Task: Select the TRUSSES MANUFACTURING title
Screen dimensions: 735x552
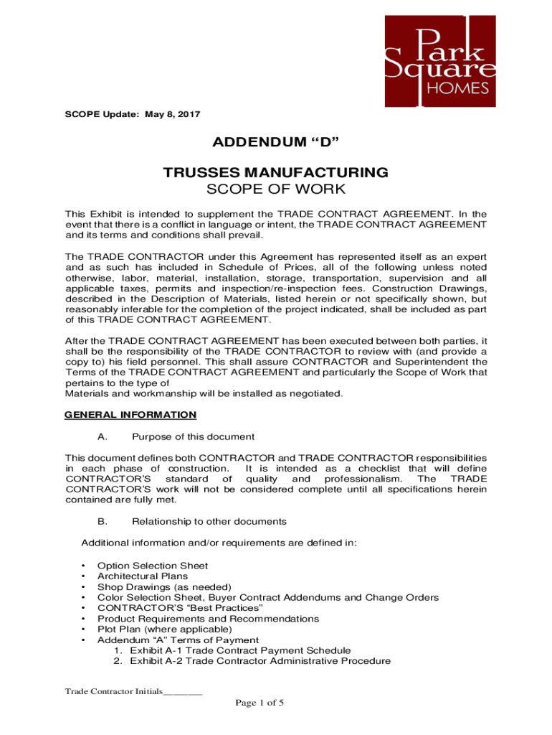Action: (275, 172)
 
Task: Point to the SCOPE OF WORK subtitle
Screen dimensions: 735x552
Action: (275, 189)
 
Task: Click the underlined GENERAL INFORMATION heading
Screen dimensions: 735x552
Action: (130, 414)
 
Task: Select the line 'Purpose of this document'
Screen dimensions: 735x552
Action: (193, 436)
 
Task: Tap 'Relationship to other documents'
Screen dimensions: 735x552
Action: (209, 521)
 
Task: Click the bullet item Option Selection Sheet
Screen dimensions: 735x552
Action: (153, 566)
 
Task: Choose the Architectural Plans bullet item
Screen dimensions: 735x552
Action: (143, 576)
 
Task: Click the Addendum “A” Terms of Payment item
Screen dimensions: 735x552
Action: (178, 640)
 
